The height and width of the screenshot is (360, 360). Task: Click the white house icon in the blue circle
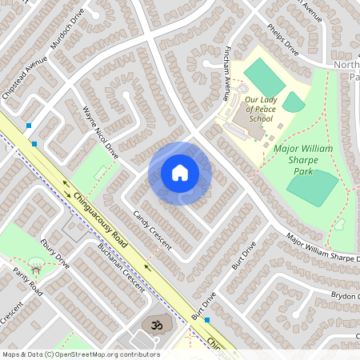[180, 173]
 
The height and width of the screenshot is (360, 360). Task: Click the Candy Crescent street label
[152, 230]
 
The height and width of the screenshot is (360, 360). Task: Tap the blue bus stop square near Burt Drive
[207, 320]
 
